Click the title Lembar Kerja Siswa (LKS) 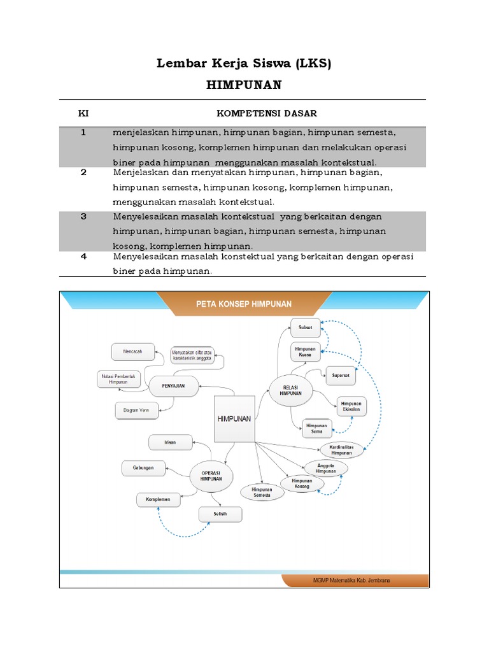pyautogui.click(x=244, y=64)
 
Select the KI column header pyautogui.click(x=83, y=113)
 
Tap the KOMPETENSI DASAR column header pyautogui.click(x=267, y=113)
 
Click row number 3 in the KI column pyautogui.click(x=83, y=216)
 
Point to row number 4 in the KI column pyautogui.click(x=83, y=257)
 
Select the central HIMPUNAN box pyautogui.click(x=234, y=418)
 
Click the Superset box pyautogui.click(x=341, y=375)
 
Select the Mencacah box pyautogui.click(x=133, y=351)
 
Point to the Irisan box pyautogui.click(x=170, y=441)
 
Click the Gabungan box pyautogui.click(x=143, y=468)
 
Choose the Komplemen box pyautogui.click(x=158, y=500)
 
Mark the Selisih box pyautogui.click(x=220, y=513)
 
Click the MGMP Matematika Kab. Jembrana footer pyautogui.click(x=351, y=581)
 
